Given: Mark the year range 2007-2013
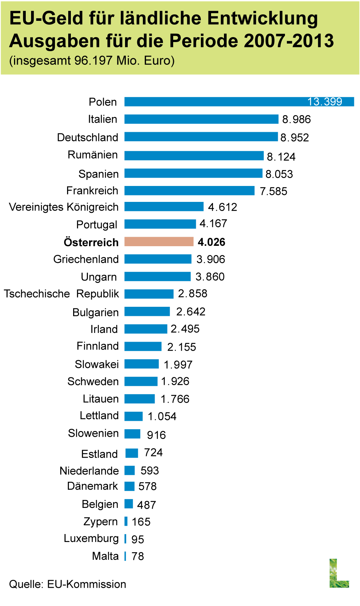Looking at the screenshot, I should (289, 41).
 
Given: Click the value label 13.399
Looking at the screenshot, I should (325, 102).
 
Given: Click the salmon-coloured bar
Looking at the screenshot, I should (159, 241).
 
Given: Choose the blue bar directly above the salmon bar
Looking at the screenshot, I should (160, 224).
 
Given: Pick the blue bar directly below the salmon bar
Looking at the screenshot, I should (158, 259).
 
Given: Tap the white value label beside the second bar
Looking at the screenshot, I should (302, 119).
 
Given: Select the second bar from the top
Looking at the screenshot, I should (201, 119).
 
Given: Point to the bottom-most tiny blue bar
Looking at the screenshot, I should (125, 556).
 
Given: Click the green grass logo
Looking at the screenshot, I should (339, 573).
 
